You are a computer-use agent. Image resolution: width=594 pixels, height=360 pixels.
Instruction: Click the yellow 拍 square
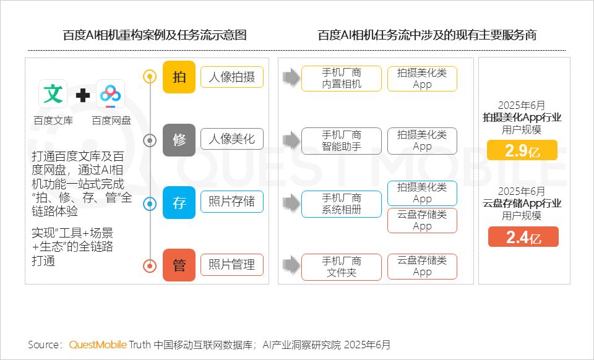tap(179, 77)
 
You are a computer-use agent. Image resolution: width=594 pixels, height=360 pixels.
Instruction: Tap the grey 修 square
tap(179, 140)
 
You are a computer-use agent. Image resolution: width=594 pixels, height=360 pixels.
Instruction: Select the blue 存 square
tap(179, 203)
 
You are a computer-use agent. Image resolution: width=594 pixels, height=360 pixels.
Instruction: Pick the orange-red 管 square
tap(179, 265)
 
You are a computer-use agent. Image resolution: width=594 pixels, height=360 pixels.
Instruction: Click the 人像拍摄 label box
tap(232, 77)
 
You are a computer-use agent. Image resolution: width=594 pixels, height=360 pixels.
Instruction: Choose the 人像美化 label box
tap(232, 139)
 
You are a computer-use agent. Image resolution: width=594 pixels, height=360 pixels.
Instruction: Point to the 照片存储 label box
tap(232, 202)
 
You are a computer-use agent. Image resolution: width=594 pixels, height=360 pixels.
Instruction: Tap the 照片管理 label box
tap(232, 265)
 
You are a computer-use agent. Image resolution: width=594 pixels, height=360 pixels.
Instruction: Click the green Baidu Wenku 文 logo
tap(53, 94)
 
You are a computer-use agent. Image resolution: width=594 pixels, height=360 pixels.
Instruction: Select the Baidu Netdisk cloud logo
tap(110, 94)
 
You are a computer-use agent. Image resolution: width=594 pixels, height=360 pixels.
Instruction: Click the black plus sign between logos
tap(82, 95)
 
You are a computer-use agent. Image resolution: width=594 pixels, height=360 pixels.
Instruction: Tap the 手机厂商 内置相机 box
tap(342, 79)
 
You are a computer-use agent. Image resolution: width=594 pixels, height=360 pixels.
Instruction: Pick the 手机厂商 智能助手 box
tap(342, 141)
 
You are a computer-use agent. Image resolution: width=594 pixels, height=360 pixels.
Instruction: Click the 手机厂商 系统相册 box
tap(342, 204)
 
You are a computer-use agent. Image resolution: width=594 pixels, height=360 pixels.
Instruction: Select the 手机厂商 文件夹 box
tap(342, 267)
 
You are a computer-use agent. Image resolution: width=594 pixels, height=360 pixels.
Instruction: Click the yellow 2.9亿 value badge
tap(522, 150)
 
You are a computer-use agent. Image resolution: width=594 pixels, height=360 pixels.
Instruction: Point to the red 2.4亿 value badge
tap(523, 236)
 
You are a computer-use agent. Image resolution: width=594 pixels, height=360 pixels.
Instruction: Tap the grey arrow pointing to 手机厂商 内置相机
tap(291, 77)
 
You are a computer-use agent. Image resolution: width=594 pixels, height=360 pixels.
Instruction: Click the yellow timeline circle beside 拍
tap(150, 77)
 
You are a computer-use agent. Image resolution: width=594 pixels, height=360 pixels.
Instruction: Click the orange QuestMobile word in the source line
tap(98, 345)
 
